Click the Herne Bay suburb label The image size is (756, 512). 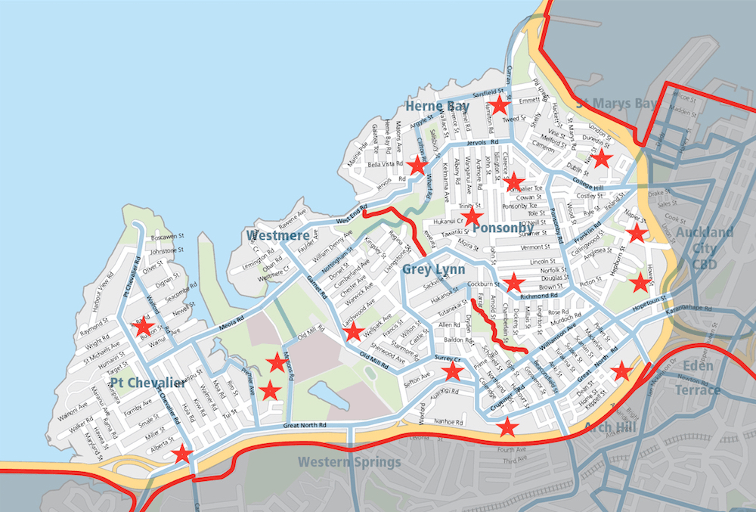pyautogui.click(x=437, y=107)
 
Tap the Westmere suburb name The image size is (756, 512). pyautogui.click(x=277, y=236)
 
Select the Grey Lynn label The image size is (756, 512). pyautogui.click(x=429, y=269)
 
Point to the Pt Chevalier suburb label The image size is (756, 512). pyautogui.click(x=147, y=383)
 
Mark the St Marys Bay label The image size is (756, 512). pyautogui.click(x=616, y=103)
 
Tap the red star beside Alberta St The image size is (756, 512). pyautogui.click(x=181, y=454)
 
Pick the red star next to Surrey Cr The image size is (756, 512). pyautogui.click(x=453, y=371)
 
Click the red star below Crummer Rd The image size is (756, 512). pyautogui.click(x=507, y=427)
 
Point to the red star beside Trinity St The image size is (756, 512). pyautogui.click(x=472, y=218)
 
